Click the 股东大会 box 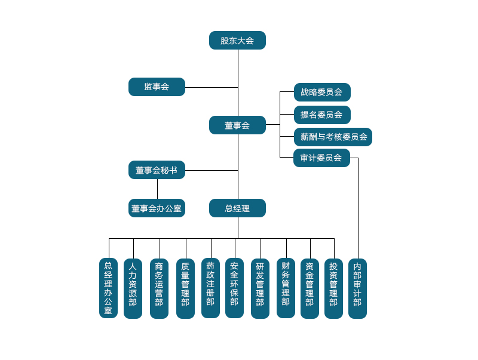[x=237, y=41]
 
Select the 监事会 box [x=157, y=87]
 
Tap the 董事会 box [x=237, y=125]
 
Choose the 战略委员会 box [x=322, y=93]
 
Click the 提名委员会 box [x=322, y=115]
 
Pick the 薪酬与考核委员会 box [x=333, y=137]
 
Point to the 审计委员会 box [x=321, y=158]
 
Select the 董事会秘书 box [x=157, y=170]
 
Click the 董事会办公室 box [x=157, y=208]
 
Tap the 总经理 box [x=237, y=208]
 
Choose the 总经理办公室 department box [x=108, y=288]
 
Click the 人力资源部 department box [x=133, y=288]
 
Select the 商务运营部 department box [x=159, y=288]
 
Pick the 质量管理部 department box [x=185, y=288]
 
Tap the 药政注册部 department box [x=210, y=288]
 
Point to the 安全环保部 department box [x=234, y=288]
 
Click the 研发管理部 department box [x=260, y=288]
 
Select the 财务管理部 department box [x=286, y=288]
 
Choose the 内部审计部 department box [x=357, y=288]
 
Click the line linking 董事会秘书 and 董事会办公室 [x=158, y=189]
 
